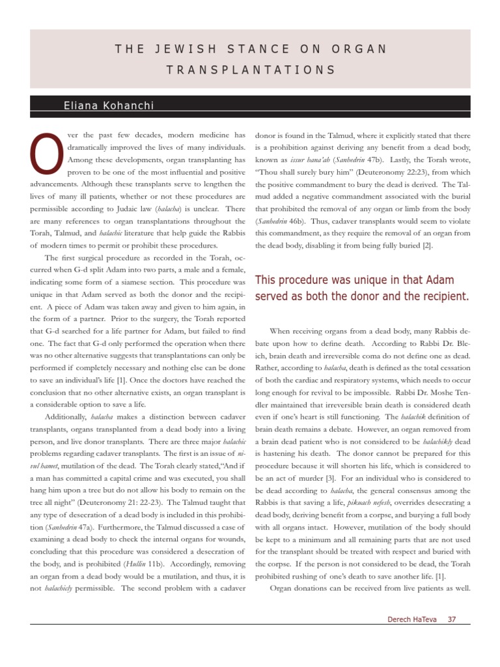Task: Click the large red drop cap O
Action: [x=45, y=154]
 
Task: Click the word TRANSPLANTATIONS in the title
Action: [x=250, y=70]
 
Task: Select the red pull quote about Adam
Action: [x=361, y=288]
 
